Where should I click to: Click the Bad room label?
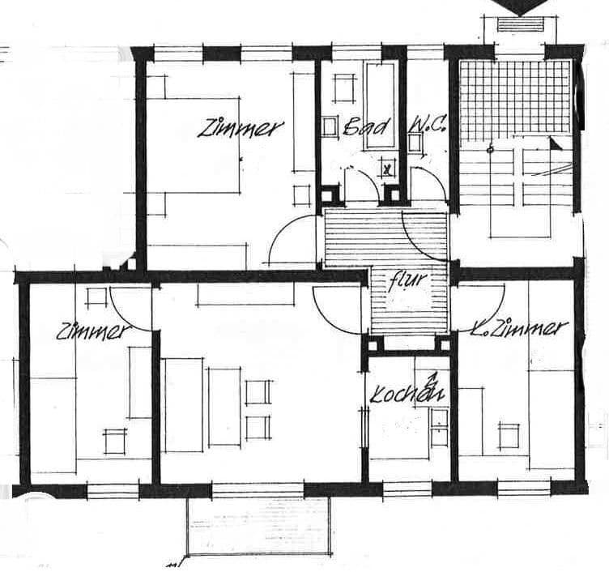point(366,126)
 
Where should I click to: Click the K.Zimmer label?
point(518,328)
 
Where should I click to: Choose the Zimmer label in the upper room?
point(240,129)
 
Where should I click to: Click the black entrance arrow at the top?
point(519,6)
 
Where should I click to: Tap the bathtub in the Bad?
point(380,105)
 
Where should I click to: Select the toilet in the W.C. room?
point(415,143)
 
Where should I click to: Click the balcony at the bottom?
point(259,526)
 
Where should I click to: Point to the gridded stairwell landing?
point(515,98)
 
